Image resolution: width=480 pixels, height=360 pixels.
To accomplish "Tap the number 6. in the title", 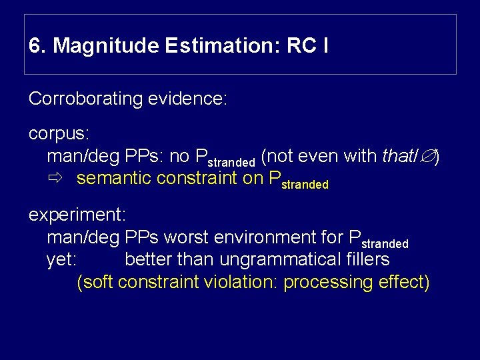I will coord(38,46).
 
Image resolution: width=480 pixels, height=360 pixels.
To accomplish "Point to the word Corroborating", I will coord(86,99).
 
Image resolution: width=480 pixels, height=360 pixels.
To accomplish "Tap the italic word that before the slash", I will coord(397,157).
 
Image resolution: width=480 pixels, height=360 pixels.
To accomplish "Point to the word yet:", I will coord(62,259).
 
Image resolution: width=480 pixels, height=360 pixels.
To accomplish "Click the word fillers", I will coord(367,259).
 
